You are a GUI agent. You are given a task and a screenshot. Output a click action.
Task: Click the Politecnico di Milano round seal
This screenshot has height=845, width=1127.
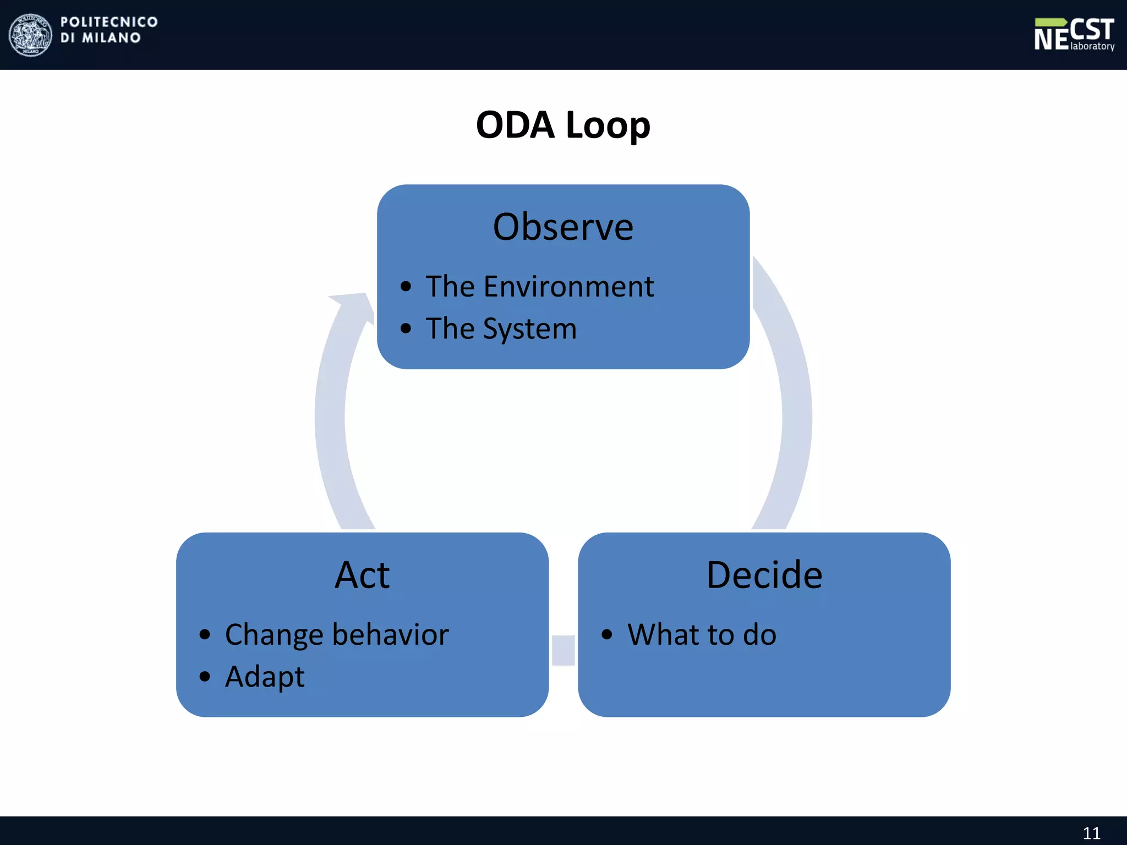(31, 35)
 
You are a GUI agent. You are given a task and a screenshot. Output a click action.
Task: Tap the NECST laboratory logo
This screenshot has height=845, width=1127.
(1074, 35)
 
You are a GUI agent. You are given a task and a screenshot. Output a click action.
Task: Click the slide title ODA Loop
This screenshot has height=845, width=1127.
(563, 125)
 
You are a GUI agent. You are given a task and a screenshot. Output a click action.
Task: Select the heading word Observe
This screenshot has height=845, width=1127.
(563, 227)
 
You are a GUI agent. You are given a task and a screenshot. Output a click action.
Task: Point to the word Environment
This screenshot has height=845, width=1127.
(568, 287)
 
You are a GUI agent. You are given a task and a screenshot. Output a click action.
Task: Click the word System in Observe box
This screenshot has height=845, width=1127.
(529, 329)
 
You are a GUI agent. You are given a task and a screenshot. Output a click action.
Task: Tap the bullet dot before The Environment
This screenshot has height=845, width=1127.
(406, 287)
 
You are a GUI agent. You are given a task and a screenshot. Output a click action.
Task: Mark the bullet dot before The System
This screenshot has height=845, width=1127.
(406, 329)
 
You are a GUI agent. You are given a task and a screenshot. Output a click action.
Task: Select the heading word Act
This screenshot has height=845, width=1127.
(362, 575)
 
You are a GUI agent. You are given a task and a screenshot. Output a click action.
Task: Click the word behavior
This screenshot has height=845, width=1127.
(391, 635)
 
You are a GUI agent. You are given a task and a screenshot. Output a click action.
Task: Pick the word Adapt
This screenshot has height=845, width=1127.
(265, 677)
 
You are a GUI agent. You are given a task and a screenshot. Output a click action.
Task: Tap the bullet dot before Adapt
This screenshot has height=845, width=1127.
(205, 677)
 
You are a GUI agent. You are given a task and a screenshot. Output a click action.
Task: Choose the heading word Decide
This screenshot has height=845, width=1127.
(764, 575)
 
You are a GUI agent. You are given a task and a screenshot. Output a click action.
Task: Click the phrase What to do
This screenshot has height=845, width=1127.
(702, 635)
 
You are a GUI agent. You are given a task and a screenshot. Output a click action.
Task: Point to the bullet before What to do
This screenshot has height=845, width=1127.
(606, 635)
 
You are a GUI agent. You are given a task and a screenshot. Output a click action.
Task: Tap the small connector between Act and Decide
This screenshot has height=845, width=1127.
(563, 650)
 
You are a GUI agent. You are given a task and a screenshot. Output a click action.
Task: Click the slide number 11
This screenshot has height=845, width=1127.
(1091, 833)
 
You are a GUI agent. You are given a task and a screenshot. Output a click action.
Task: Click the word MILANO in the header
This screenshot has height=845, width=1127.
(111, 38)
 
